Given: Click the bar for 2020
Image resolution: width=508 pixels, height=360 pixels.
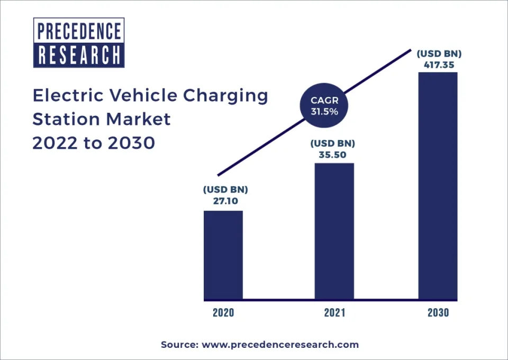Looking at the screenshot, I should click(x=223, y=255).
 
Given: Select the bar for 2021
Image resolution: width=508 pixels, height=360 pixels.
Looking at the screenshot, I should click(x=334, y=231).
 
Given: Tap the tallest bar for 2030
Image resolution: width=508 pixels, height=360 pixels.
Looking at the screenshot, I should click(x=438, y=186).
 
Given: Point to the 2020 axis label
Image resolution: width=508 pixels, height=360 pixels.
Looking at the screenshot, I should click(x=223, y=312).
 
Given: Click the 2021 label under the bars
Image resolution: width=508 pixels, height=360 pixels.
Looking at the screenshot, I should click(x=334, y=312).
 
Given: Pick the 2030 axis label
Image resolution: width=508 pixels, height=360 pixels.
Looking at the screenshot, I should click(x=438, y=312).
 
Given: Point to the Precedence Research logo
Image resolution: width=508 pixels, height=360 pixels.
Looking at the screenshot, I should click(x=79, y=42).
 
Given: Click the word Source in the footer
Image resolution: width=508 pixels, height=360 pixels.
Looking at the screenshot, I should click(x=178, y=345).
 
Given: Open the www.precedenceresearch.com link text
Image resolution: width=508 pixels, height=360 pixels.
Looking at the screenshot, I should click(x=280, y=345).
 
